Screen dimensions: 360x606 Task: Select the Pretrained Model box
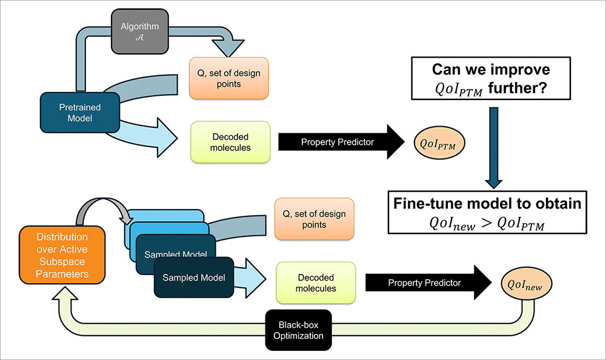[x=80, y=113]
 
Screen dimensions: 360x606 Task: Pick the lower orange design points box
[x=313, y=219]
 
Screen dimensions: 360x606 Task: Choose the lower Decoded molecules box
[x=316, y=282]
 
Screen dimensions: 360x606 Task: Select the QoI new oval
[x=524, y=284]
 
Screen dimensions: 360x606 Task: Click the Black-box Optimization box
[x=298, y=330]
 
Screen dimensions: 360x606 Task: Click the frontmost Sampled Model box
[x=193, y=278]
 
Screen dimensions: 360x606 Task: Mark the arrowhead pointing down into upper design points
[x=225, y=47]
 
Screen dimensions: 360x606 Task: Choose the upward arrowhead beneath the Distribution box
[x=71, y=295]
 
